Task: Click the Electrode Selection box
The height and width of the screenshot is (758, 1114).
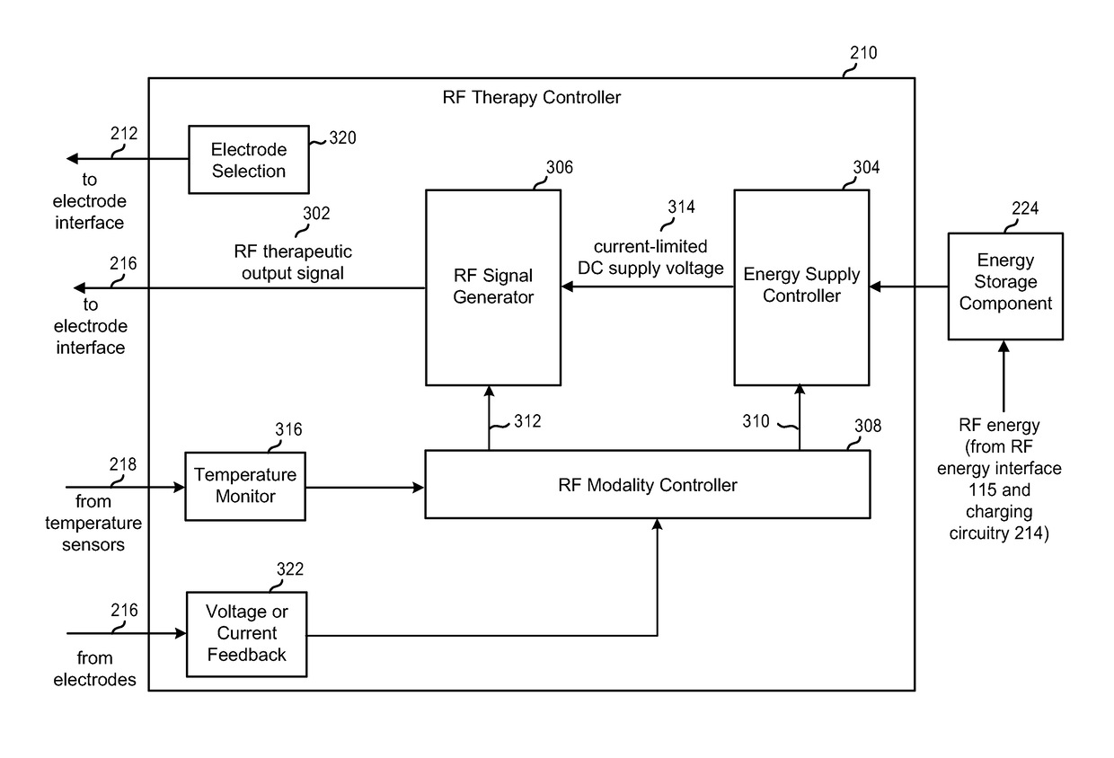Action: [248, 160]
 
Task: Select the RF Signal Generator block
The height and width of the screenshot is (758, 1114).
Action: [492, 286]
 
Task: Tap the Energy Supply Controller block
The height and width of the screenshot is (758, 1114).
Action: [801, 286]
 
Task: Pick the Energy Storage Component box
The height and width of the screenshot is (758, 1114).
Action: [1005, 286]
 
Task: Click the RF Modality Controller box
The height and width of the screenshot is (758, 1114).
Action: [647, 485]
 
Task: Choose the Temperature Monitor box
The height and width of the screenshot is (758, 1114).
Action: [244, 486]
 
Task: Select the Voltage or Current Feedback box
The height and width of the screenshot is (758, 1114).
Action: [246, 633]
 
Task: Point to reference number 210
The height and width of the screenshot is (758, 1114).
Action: [863, 53]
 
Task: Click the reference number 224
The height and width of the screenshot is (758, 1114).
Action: [1024, 208]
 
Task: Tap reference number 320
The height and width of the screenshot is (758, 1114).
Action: [341, 138]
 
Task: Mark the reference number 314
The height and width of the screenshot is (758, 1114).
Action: [680, 206]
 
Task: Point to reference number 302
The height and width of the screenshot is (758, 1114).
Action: [316, 214]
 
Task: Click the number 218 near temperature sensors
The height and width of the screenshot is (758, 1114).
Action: [124, 464]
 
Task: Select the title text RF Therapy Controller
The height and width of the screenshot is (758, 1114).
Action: [532, 97]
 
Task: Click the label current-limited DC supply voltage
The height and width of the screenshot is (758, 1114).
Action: [650, 257]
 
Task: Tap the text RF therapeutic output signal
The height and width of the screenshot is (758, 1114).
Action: [293, 261]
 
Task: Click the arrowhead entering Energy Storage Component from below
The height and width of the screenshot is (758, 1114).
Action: [1004, 346]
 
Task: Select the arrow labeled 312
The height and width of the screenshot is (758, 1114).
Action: [490, 418]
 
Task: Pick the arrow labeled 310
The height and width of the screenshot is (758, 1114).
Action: [800, 418]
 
